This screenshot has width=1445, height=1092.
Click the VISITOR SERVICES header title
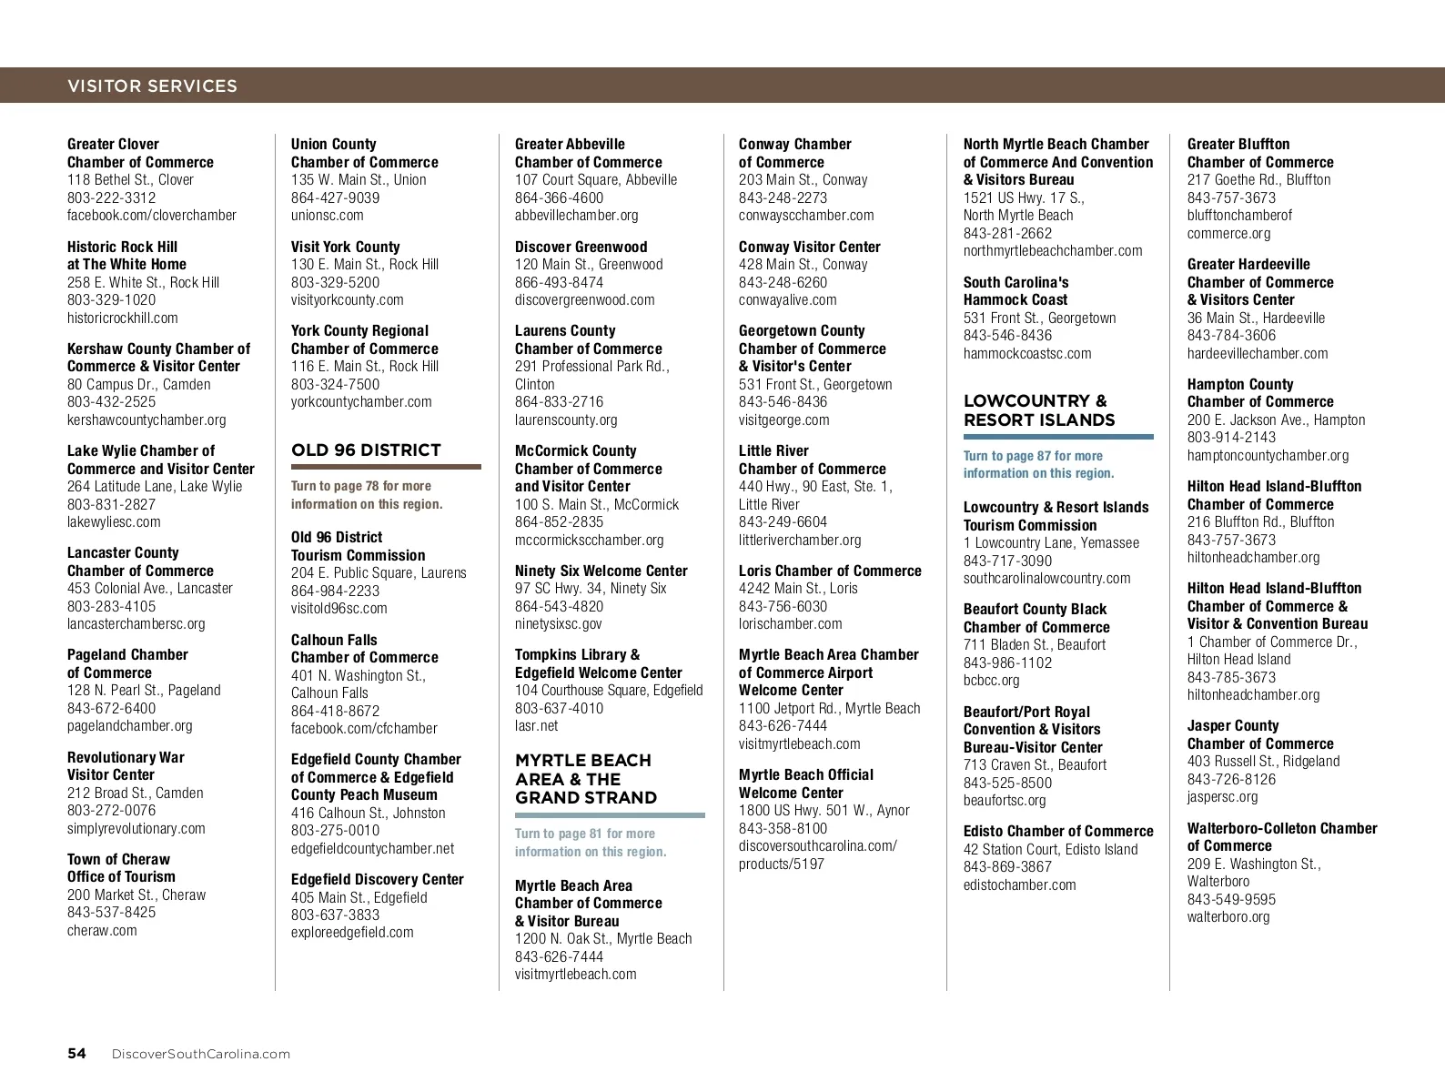(152, 86)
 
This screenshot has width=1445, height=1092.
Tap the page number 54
(76, 1053)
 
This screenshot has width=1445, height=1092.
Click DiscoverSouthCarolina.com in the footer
(200, 1054)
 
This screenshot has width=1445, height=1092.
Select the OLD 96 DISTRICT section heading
(366, 450)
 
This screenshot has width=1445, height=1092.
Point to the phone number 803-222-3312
(111, 197)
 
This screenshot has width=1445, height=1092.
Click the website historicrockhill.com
(122, 318)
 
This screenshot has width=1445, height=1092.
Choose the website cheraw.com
(102, 930)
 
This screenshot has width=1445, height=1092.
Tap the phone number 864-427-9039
(335, 197)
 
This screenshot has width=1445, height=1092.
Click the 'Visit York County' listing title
(345, 247)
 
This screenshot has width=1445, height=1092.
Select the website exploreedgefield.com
(352, 932)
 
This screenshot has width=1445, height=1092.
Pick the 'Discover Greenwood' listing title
(581, 247)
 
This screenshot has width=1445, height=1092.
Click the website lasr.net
(536, 725)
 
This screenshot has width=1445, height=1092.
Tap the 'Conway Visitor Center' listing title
(809, 247)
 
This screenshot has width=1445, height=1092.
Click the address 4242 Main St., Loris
(798, 588)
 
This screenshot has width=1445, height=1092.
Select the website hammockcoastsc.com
(1027, 353)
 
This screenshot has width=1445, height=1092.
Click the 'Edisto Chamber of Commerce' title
(1058, 831)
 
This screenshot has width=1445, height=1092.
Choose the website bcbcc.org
(991, 680)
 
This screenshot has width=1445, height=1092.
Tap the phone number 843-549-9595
(1231, 899)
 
